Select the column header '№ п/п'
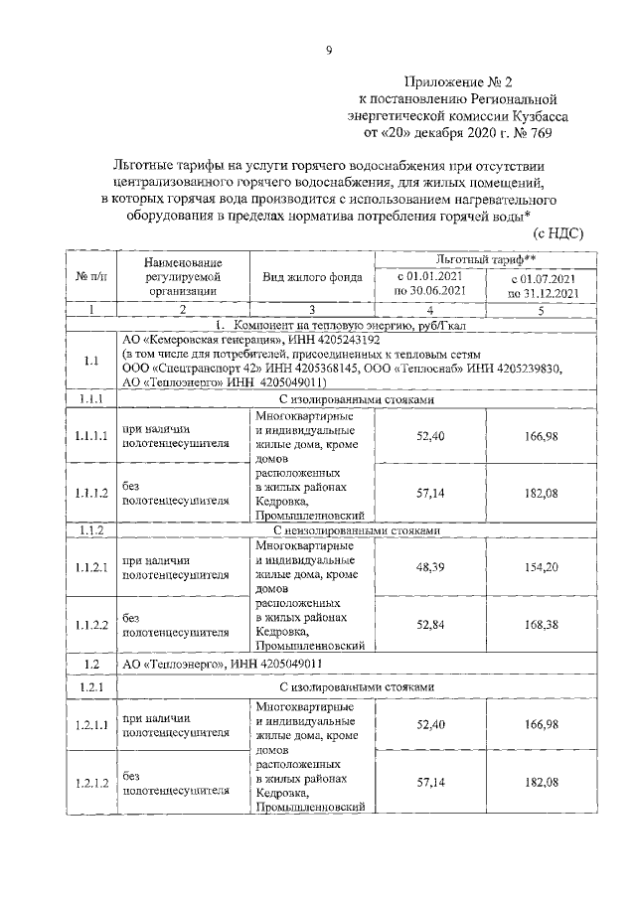click(91, 277)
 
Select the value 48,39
click(429, 565)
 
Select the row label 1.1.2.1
click(91, 566)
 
